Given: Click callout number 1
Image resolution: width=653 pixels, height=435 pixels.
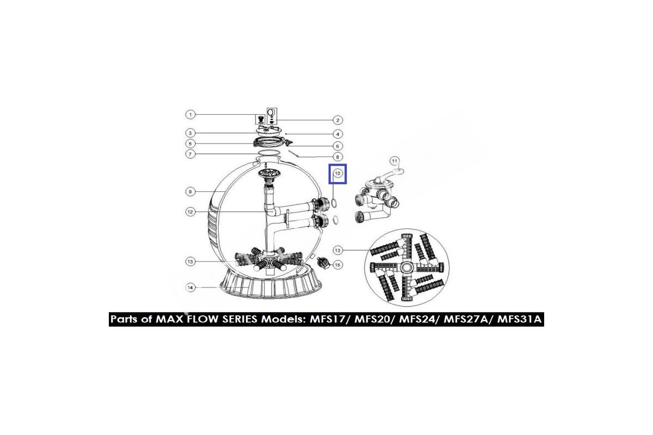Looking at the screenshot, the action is (x=190, y=115).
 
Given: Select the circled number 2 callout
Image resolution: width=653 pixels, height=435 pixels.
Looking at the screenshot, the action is (x=337, y=120).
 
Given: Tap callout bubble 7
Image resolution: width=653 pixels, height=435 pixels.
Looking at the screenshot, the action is (x=190, y=154).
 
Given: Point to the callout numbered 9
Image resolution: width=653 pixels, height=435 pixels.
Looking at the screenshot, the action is (x=190, y=192).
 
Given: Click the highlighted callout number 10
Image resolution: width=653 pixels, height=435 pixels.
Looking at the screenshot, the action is (x=337, y=173).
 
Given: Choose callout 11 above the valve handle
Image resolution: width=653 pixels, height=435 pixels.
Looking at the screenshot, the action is (x=395, y=161).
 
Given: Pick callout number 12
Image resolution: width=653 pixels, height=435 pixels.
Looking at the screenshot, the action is (x=190, y=212).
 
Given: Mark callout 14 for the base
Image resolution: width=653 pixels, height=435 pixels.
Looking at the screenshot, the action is (x=190, y=288).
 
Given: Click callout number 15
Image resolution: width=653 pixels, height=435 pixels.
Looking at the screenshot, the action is (x=337, y=265).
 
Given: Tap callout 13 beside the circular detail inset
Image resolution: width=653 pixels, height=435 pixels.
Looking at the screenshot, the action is (x=337, y=250).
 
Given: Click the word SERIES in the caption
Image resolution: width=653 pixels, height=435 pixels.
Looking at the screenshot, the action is (x=239, y=319).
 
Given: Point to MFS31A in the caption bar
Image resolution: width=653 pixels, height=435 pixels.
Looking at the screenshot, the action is (x=519, y=319).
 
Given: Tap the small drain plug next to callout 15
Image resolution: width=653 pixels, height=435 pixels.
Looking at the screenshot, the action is (x=323, y=263).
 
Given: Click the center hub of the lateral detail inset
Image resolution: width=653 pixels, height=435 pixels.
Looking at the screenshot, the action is (x=406, y=267).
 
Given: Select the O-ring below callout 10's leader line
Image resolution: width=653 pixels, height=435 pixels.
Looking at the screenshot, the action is (x=334, y=203).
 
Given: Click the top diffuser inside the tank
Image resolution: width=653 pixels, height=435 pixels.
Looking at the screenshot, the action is (x=267, y=173).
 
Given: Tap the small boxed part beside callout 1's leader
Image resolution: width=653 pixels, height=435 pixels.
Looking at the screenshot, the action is (x=261, y=120).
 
